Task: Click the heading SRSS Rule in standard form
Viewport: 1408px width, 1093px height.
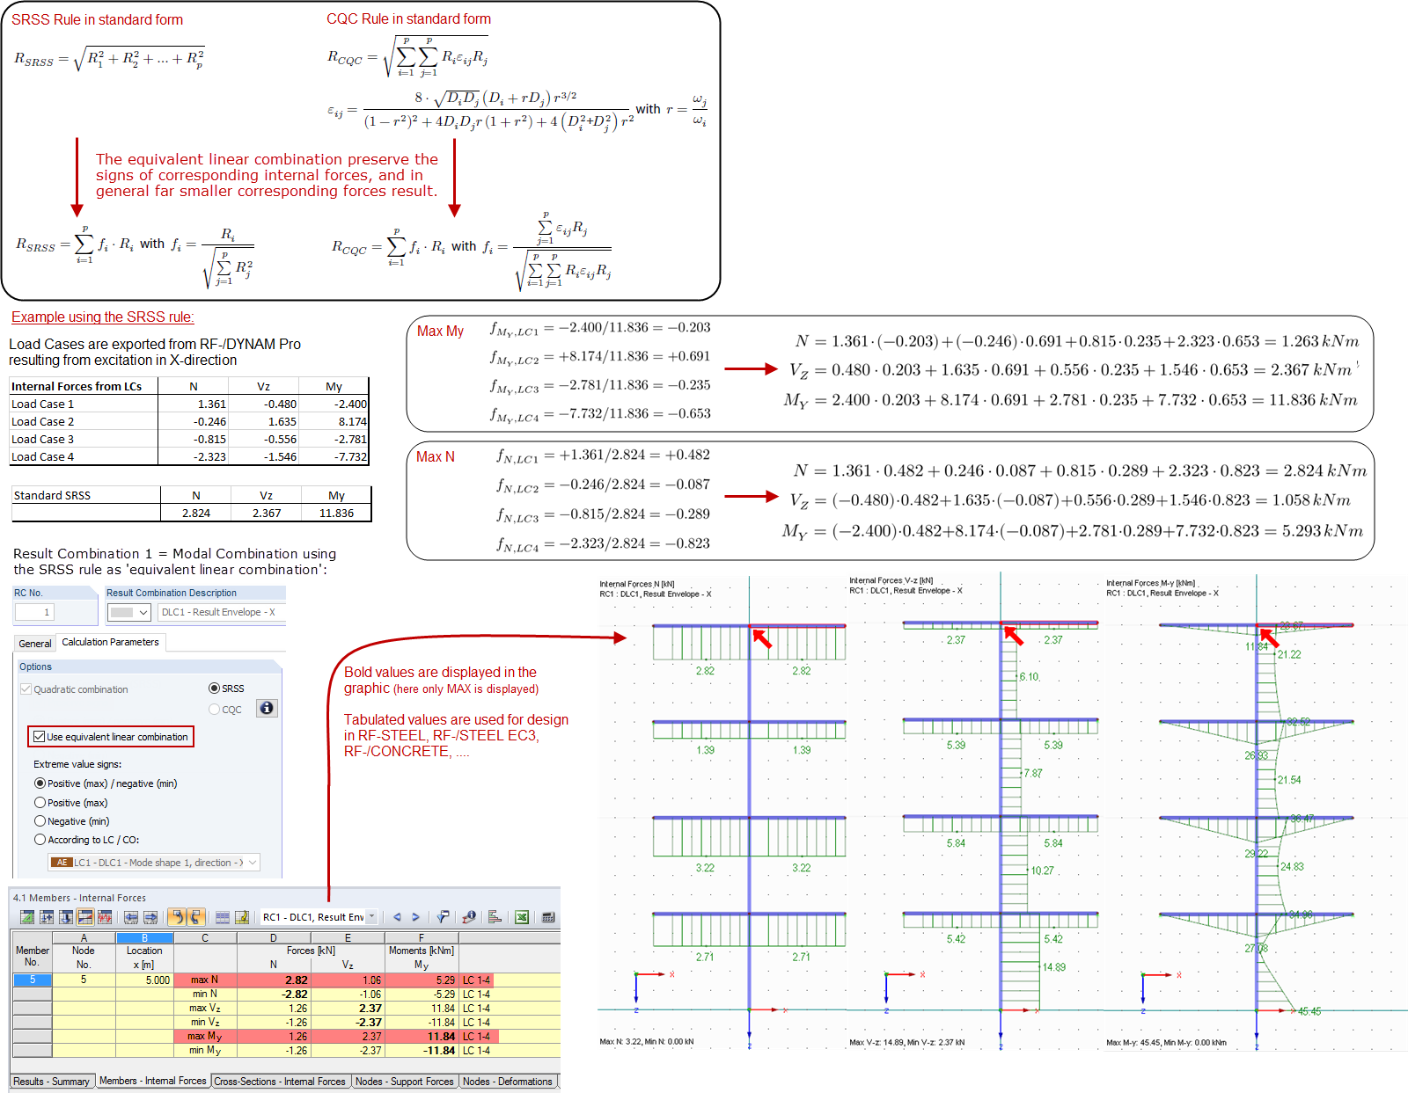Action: (97, 19)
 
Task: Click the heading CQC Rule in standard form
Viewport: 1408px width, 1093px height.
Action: (408, 18)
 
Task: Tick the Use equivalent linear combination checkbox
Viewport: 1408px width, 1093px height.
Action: (39, 737)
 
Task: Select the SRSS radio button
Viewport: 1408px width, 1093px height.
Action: (214, 689)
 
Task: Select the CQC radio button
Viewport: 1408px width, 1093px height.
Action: (214, 709)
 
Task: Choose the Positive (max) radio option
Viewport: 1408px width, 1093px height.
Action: (40, 803)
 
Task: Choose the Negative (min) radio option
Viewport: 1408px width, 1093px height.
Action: (40, 821)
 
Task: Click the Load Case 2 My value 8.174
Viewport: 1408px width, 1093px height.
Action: (351, 422)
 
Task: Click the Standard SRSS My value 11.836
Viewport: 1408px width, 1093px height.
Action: (335, 514)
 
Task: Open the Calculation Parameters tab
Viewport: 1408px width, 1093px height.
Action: (110, 643)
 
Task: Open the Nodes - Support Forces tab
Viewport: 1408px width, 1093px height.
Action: (404, 1082)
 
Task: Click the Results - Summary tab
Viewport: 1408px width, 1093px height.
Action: (51, 1082)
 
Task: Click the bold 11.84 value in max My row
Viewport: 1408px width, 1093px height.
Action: (440, 1037)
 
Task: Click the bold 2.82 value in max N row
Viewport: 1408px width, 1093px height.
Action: (296, 980)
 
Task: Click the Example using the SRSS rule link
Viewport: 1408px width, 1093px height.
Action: (102, 317)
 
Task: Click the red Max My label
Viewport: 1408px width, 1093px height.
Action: (440, 332)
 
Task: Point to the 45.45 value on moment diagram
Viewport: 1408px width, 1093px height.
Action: (1309, 1012)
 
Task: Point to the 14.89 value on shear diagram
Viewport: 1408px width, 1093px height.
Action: (1053, 967)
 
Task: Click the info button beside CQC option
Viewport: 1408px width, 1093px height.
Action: (267, 709)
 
